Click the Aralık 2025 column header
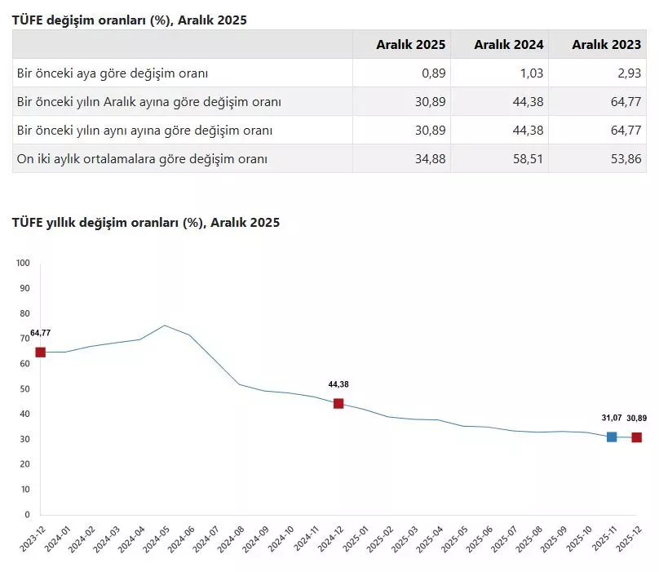tap(410, 45)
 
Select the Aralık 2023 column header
tap(606, 45)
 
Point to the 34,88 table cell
tap(430, 159)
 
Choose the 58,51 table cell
tap(528, 159)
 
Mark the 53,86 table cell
tap(626, 159)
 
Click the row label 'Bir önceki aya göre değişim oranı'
tap(113, 73)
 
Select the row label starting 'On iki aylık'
tap(142, 159)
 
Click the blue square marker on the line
tap(612, 437)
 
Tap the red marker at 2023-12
tap(40, 353)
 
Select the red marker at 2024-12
tap(338, 403)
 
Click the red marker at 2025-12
tap(636, 437)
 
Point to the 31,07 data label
tap(612, 418)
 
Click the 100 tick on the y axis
tap(22, 263)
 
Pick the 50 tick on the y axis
tap(24, 388)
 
